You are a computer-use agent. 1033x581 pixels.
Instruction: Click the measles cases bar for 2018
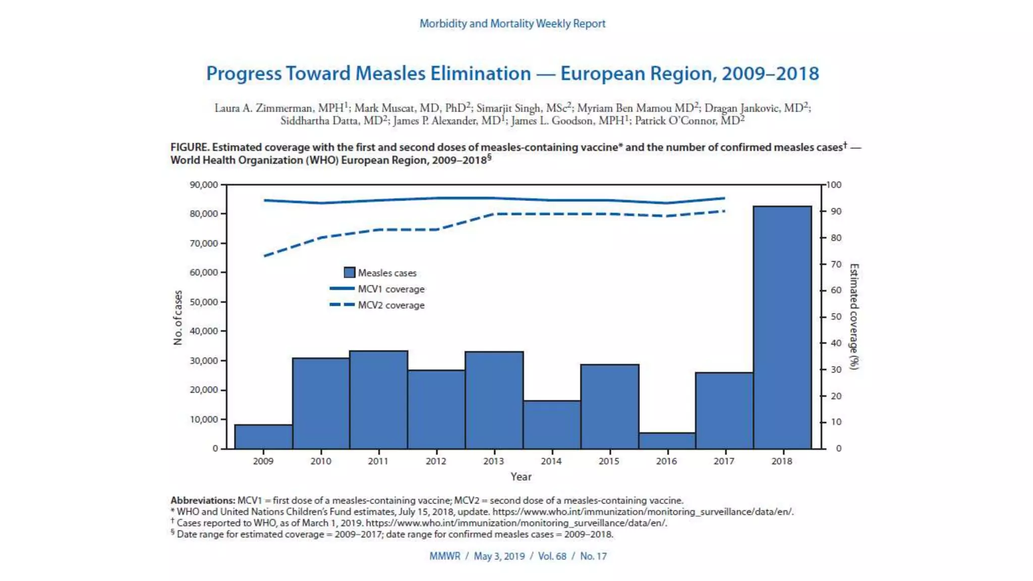tap(782, 328)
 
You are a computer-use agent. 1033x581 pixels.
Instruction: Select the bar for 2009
tap(263, 437)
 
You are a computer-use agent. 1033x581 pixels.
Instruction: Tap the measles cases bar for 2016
tap(667, 441)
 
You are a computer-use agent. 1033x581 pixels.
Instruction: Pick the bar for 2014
tap(552, 425)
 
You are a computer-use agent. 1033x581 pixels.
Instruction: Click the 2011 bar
tap(378, 399)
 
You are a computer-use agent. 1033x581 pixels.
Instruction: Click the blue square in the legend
tap(349, 273)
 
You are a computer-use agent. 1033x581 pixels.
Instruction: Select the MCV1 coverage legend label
tap(391, 289)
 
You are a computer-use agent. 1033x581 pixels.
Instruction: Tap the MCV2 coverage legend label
tap(391, 305)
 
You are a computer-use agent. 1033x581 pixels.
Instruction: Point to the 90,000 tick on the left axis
tap(204, 185)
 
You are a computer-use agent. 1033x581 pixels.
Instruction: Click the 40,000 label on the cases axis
tap(204, 331)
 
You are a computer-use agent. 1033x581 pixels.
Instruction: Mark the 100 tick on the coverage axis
tap(834, 185)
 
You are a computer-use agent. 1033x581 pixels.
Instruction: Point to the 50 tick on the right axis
tap(836, 317)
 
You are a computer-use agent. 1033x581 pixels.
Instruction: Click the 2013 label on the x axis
tap(493, 461)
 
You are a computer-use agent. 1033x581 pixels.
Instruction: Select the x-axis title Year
tap(521, 477)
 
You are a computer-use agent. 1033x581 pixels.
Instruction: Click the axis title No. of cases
tap(178, 317)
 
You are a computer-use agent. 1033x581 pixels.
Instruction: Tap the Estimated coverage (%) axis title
tap(853, 316)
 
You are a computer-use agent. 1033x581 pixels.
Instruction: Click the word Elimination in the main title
tap(480, 74)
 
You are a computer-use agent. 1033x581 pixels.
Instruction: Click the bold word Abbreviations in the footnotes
tap(203, 500)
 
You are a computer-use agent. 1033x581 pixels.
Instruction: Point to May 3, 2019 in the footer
tap(499, 556)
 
